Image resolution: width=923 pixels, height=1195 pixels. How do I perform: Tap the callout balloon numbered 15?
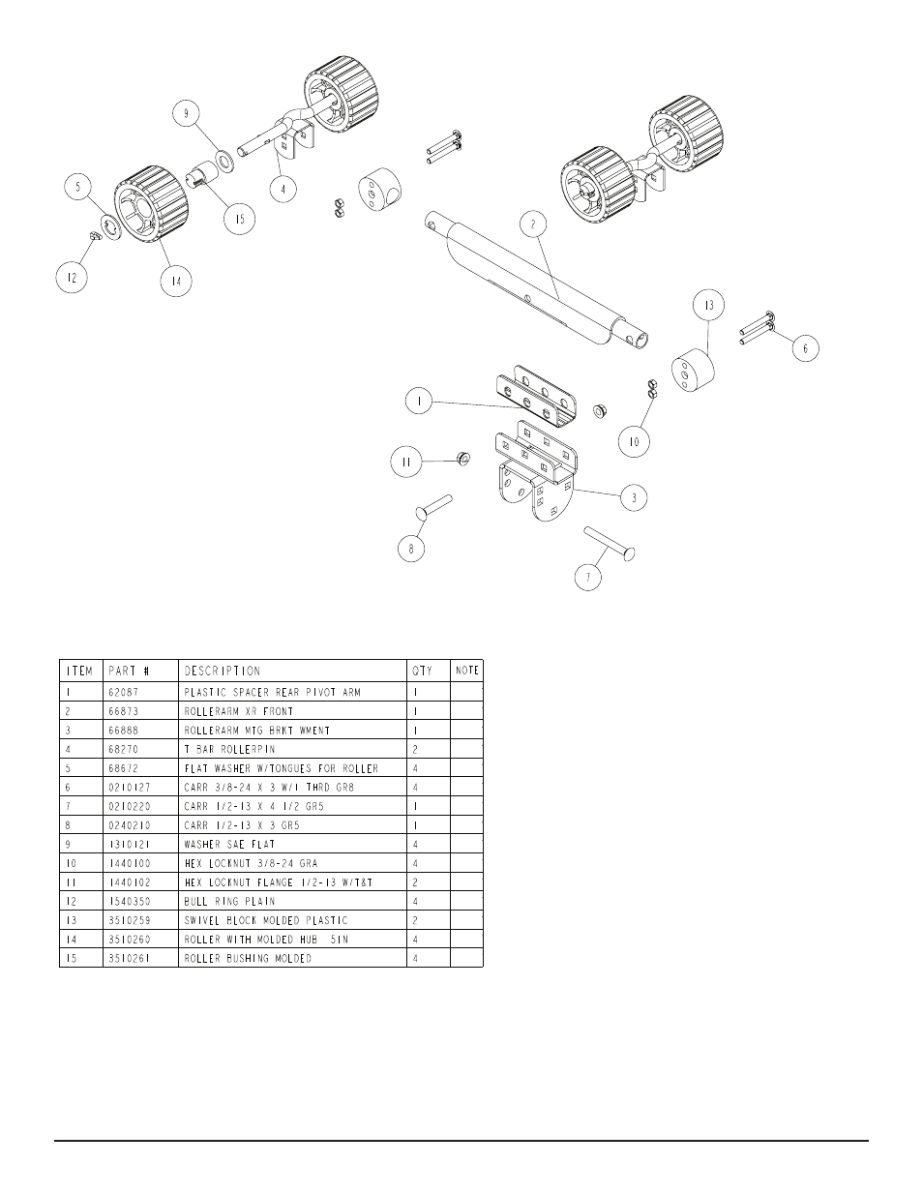[x=239, y=220]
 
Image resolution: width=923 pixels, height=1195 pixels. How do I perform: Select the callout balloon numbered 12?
[x=70, y=279]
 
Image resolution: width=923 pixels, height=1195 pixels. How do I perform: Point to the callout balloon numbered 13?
[x=709, y=306]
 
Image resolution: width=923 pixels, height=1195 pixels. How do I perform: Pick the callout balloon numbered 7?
[x=587, y=578]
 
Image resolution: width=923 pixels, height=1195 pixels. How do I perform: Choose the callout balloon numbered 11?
[x=407, y=463]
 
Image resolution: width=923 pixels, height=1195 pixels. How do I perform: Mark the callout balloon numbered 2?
[x=532, y=224]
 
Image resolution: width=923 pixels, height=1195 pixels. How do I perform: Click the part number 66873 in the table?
[x=127, y=711]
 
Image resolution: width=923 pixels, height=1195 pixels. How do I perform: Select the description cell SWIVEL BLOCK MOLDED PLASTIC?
[x=266, y=920]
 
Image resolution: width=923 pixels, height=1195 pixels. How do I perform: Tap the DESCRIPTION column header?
[x=223, y=671]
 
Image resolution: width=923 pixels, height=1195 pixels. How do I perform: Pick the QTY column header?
[x=423, y=671]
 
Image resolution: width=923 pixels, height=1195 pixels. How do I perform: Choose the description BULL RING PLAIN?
[x=229, y=901]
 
